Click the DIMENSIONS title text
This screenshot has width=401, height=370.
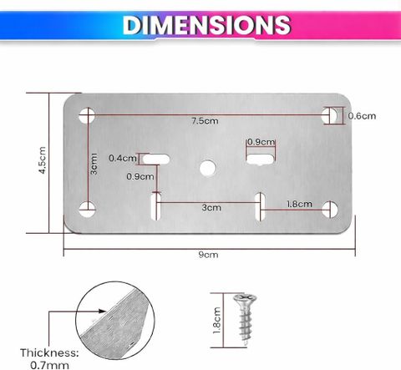click(x=207, y=25)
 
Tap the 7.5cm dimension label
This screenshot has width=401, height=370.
click(x=205, y=121)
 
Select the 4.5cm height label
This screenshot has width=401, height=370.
click(x=42, y=160)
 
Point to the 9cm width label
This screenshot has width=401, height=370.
click(x=208, y=255)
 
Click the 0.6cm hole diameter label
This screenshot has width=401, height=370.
click(x=362, y=116)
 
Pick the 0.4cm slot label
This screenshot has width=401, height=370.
click(x=123, y=158)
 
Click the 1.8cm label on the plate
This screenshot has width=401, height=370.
click(x=299, y=204)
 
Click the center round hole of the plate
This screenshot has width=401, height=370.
click(x=208, y=168)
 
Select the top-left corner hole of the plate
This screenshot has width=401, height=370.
click(x=87, y=115)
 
